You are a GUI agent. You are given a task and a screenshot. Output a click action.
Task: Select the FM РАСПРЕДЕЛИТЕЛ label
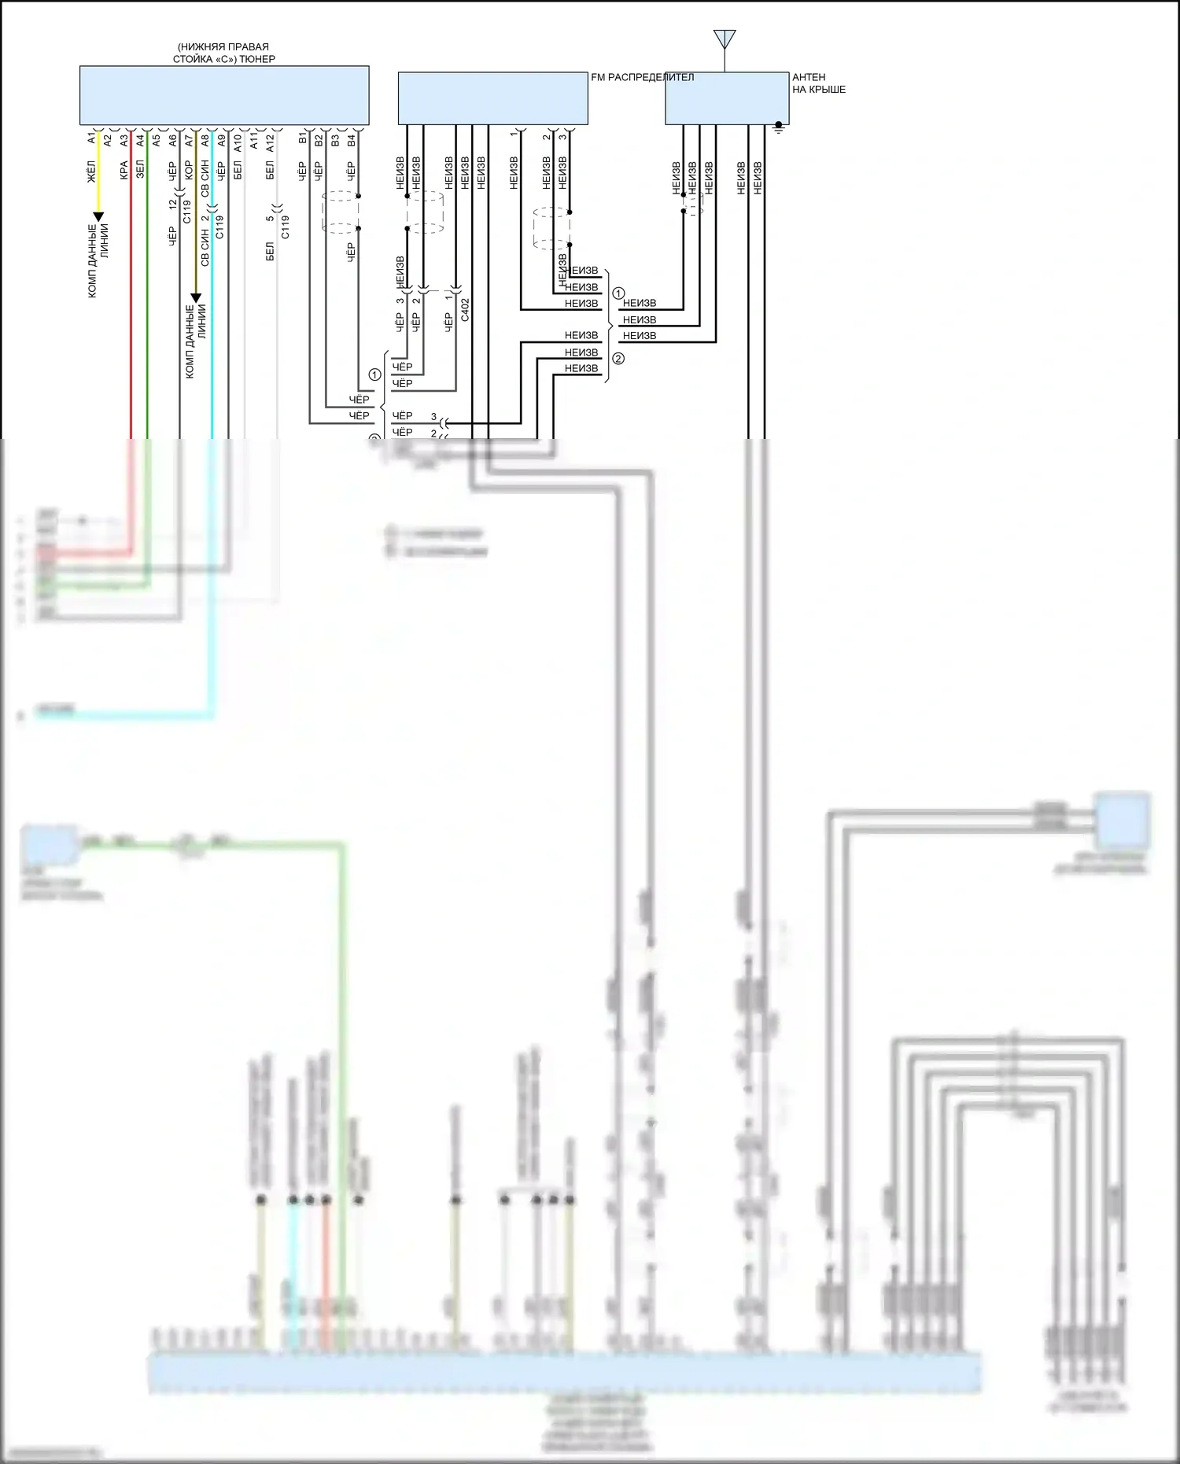pyautogui.click(x=642, y=77)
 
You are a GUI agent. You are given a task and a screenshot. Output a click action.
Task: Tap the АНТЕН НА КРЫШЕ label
pyautogui.click(x=818, y=83)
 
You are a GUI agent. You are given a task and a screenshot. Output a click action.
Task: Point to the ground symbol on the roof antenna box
pyautogui.click(x=779, y=127)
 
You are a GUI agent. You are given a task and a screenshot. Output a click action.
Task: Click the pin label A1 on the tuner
pyautogui.click(x=92, y=139)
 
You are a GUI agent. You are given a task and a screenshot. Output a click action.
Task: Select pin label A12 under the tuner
pyautogui.click(x=270, y=142)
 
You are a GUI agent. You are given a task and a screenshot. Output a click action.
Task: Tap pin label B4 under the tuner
pyautogui.click(x=352, y=140)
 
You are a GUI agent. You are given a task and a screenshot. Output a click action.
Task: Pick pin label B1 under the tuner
pyautogui.click(x=303, y=139)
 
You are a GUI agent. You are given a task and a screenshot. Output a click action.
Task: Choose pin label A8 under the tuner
pyautogui.click(x=205, y=140)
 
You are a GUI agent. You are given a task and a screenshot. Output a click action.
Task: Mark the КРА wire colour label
pyautogui.click(x=124, y=171)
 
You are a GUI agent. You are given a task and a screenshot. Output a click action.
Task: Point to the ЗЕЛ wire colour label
pyautogui.click(x=140, y=170)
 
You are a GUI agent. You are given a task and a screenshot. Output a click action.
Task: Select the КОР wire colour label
pyautogui.click(x=189, y=170)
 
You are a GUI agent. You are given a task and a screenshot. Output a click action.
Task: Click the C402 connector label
pyautogui.click(x=465, y=309)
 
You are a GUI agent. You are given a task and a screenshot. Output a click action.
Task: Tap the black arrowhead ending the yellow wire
pyautogui.click(x=98, y=216)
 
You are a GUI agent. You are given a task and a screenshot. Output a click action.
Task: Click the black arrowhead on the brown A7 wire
pyautogui.click(x=196, y=298)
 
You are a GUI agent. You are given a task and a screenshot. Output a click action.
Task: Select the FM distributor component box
pyautogui.click(x=492, y=98)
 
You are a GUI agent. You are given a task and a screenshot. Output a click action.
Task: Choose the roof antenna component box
pyautogui.click(x=726, y=98)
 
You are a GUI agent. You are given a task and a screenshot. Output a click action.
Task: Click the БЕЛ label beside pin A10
pyautogui.click(x=238, y=170)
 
